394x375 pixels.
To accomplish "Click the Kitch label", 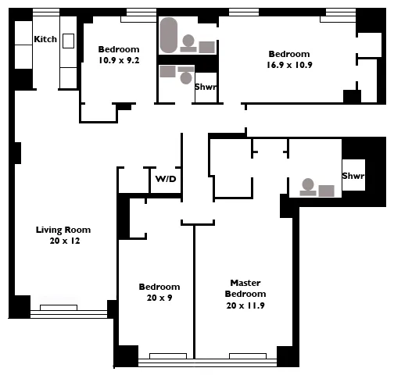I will (45, 39).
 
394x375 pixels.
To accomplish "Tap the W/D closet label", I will (165, 179).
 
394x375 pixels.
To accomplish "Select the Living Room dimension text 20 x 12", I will (63, 241).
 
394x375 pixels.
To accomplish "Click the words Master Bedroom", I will (245, 287).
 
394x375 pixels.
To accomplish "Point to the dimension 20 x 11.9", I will (245, 305).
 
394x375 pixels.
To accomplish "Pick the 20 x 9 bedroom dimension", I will (159, 298).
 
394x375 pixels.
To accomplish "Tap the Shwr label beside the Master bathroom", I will (353, 177).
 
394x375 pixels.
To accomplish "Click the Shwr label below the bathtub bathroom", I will (206, 87).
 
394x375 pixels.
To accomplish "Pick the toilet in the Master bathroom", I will (308, 187).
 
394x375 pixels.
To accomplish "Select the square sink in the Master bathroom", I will (326, 190).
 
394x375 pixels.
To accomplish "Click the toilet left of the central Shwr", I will (185, 77).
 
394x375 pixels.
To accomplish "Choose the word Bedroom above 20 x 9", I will (159, 287).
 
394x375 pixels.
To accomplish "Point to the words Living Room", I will (63, 230).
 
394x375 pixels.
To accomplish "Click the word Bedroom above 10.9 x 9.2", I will (119, 48).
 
